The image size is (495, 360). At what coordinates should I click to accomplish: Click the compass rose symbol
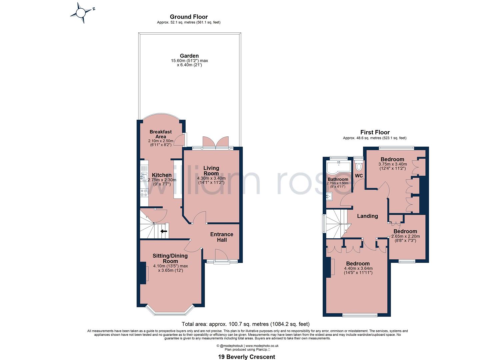click(81, 13)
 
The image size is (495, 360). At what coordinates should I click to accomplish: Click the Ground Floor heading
click(189, 17)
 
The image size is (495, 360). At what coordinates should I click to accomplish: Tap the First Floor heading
click(375, 132)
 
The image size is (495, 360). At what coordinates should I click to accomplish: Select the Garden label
click(189, 56)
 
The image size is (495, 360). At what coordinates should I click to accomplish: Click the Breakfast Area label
click(161, 134)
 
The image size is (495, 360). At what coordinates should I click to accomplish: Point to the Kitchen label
click(162, 175)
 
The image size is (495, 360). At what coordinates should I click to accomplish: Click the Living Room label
click(211, 171)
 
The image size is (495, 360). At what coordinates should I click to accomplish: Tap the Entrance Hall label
click(222, 237)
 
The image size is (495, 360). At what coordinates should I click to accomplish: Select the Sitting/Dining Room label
click(170, 258)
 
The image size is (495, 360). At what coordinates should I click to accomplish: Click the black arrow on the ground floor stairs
click(164, 231)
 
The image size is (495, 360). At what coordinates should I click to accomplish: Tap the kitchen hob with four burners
click(144, 192)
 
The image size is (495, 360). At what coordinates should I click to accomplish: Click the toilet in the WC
click(359, 166)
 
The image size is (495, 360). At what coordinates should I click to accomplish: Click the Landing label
click(367, 216)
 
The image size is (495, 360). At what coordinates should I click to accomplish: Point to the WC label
click(359, 176)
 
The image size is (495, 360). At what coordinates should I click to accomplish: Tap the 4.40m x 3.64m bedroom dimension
click(358, 268)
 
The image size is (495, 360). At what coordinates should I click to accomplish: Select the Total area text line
click(245, 324)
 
